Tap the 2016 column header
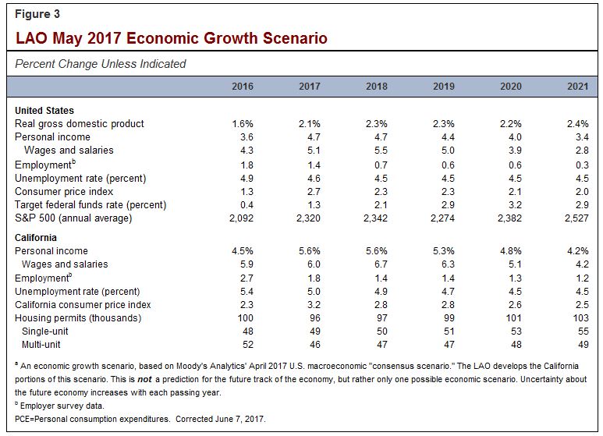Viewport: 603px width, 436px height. point(243,86)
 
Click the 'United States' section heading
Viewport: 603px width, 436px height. point(44,111)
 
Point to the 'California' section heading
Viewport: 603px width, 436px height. point(36,237)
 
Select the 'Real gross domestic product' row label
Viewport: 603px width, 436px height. point(80,124)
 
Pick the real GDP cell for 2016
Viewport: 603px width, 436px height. point(241,124)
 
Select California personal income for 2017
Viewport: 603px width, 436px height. point(308,251)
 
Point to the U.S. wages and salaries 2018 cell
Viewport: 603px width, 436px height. point(378,151)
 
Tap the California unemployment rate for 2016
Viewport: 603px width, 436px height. point(245,292)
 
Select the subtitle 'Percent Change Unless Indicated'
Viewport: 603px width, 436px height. point(101,63)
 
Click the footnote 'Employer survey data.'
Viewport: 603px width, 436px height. point(62,406)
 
